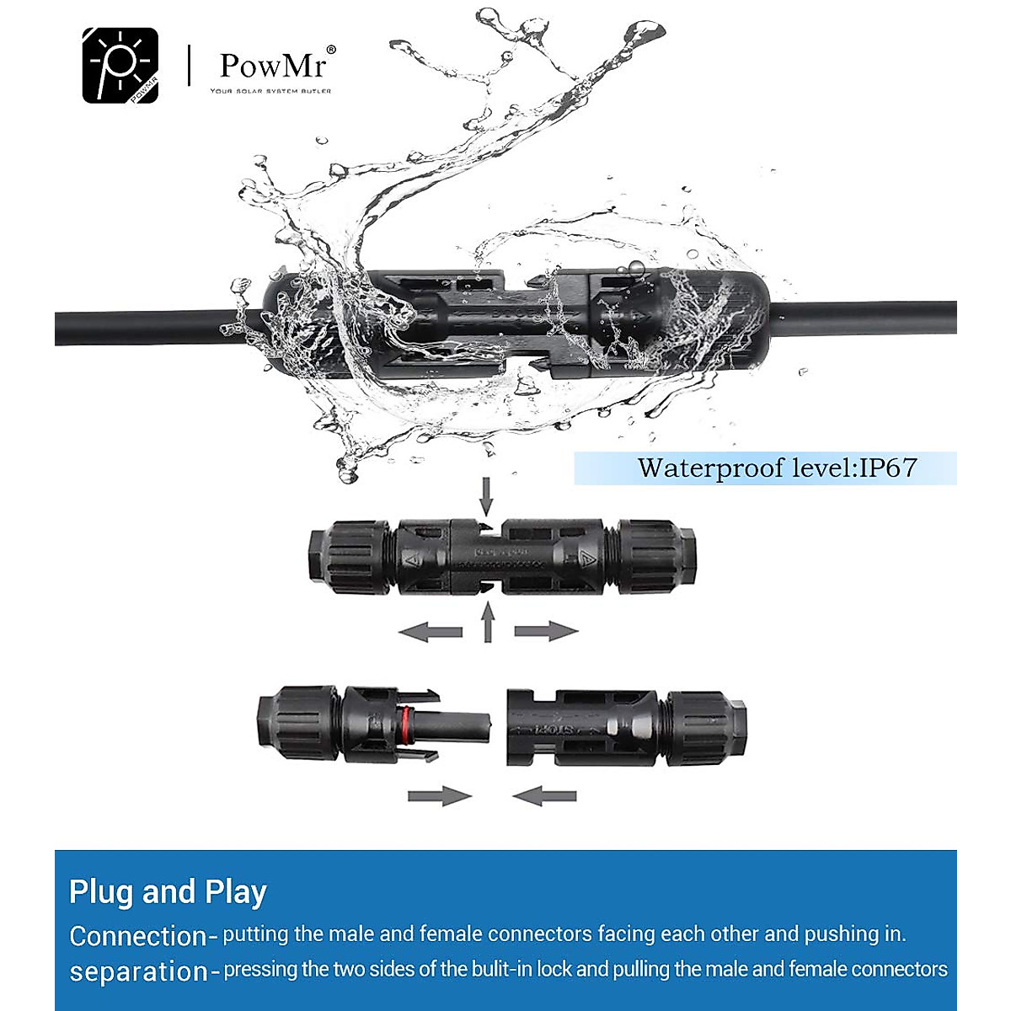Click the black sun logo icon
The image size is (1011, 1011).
(120, 66)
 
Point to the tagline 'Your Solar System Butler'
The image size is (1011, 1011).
(270, 91)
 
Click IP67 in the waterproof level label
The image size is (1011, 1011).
(887, 468)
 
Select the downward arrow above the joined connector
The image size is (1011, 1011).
(486, 495)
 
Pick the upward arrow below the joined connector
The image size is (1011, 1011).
(487, 623)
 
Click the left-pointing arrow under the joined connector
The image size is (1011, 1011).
(431, 631)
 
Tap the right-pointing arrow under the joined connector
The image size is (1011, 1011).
(546, 631)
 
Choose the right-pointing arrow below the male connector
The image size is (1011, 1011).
(439, 795)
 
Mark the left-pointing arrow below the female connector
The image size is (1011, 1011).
(544, 795)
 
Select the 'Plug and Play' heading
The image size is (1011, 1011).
(168, 891)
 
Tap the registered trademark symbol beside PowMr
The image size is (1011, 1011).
(331, 51)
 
